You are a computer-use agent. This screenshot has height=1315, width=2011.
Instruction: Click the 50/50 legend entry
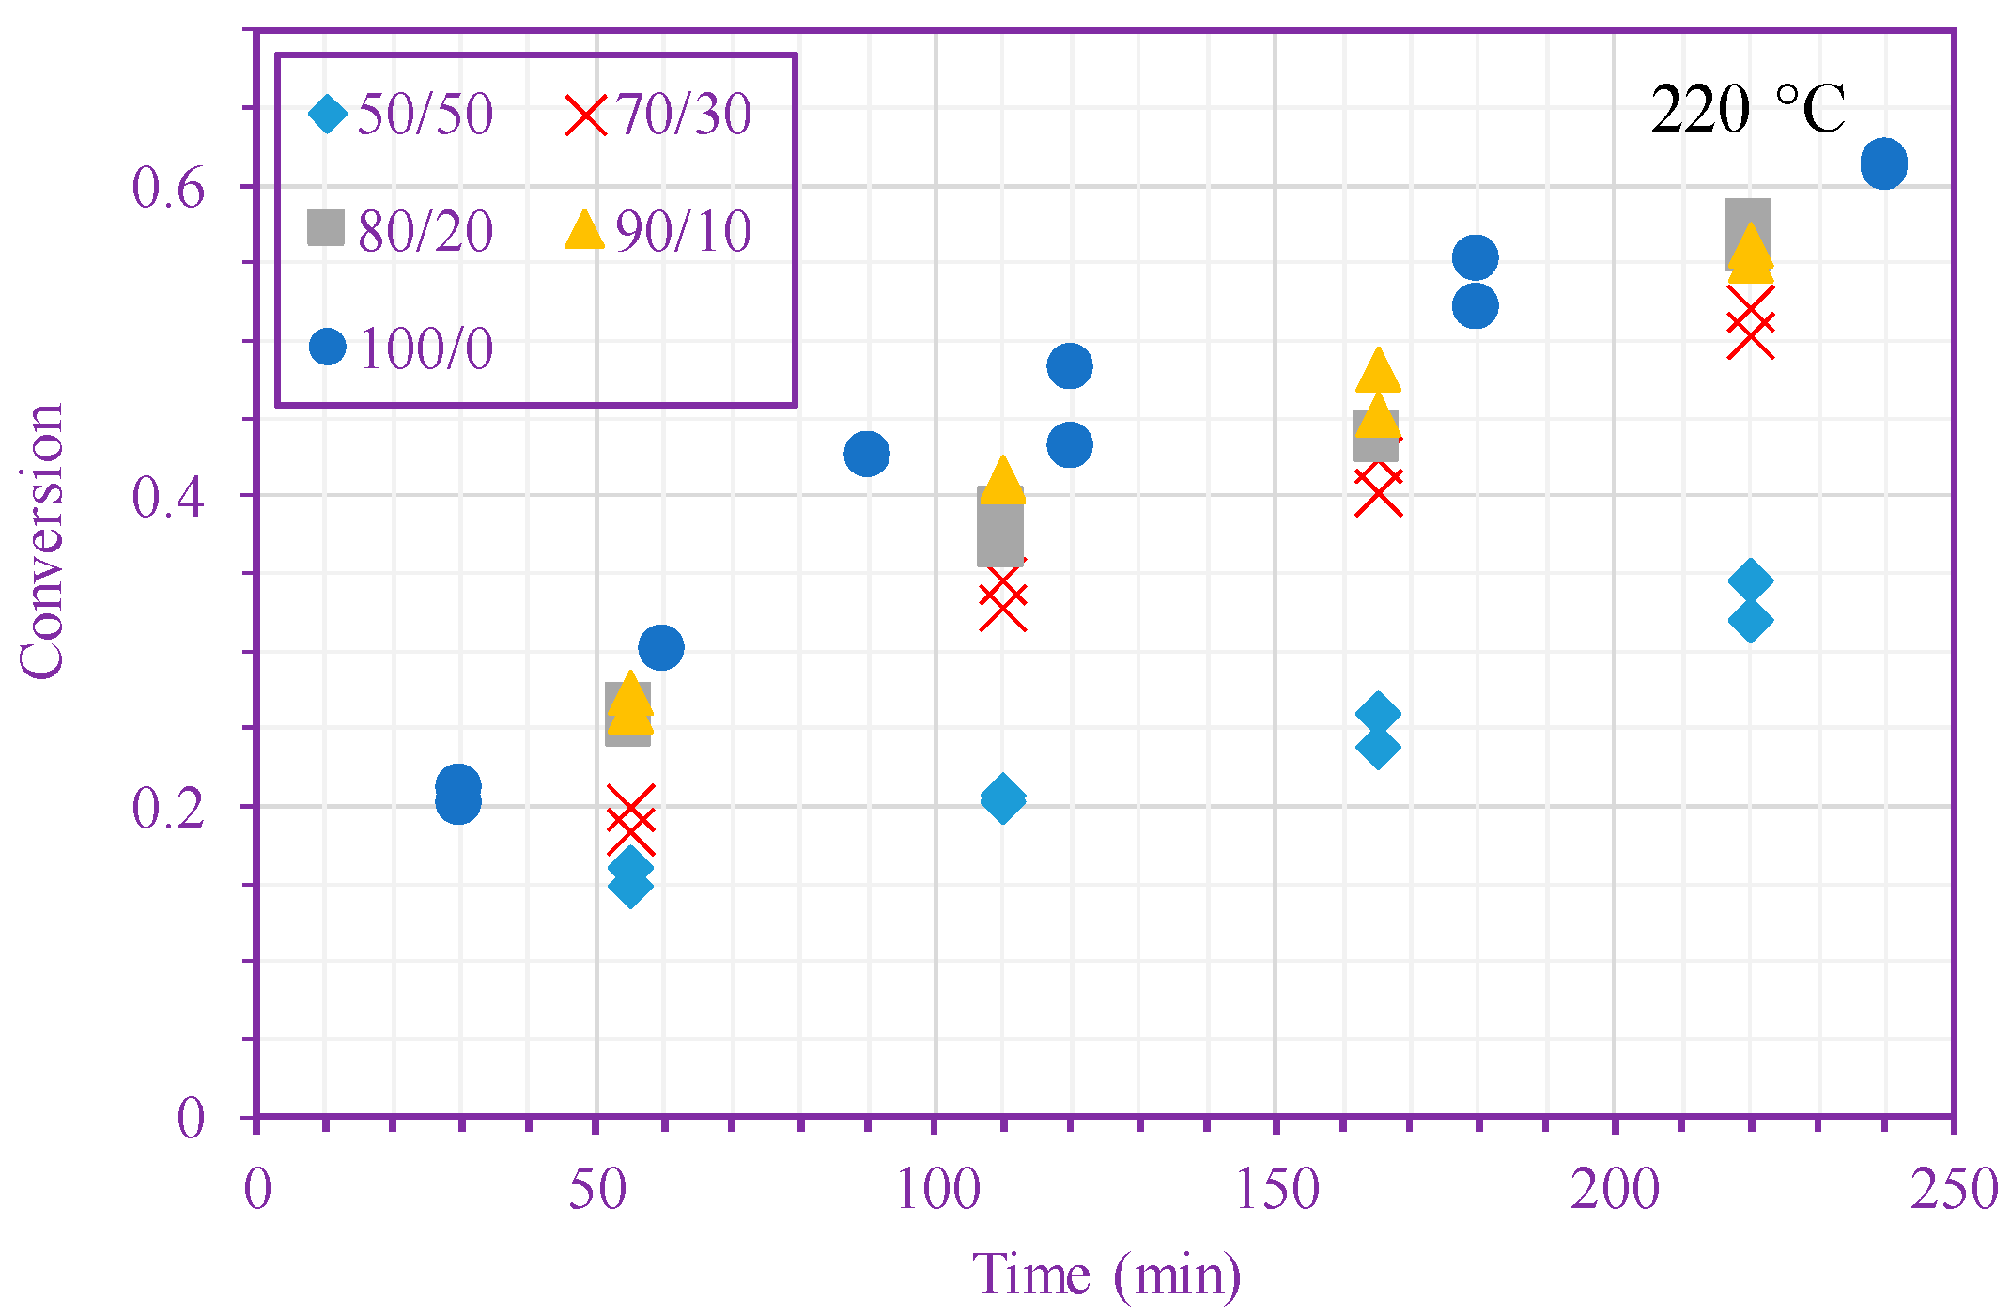tap(402, 115)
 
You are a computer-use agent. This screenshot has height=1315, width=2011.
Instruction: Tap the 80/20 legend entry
tap(402, 230)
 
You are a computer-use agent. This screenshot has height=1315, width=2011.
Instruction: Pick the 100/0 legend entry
tap(402, 348)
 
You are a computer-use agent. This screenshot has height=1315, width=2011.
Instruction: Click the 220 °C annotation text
tap(1747, 110)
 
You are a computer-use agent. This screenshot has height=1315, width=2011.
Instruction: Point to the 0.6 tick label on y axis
tap(168, 188)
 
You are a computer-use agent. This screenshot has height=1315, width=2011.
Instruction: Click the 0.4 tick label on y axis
tap(168, 497)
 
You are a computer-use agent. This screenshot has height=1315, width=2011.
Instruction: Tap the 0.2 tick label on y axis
tap(168, 808)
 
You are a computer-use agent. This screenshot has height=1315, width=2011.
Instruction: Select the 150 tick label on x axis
tap(1276, 1190)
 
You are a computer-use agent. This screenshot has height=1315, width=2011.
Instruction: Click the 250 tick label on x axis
tap(1954, 1190)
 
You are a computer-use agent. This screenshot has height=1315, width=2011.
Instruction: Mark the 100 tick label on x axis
tap(937, 1190)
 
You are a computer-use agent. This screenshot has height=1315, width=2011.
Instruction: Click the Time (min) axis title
tap(1106, 1276)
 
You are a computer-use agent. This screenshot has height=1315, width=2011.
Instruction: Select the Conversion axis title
tap(42, 541)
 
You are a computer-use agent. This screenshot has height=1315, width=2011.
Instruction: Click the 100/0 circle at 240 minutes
tap(1883, 164)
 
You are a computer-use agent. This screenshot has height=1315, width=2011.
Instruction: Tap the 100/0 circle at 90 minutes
tap(866, 454)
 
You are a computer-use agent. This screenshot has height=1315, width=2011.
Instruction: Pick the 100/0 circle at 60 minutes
tap(660, 647)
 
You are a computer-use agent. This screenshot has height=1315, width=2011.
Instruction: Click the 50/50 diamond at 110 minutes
tap(1002, 799)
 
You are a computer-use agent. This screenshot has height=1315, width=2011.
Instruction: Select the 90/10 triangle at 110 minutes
tap(1002, 480)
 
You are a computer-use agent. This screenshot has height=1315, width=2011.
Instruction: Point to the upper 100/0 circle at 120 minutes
tap(1069, 365)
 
